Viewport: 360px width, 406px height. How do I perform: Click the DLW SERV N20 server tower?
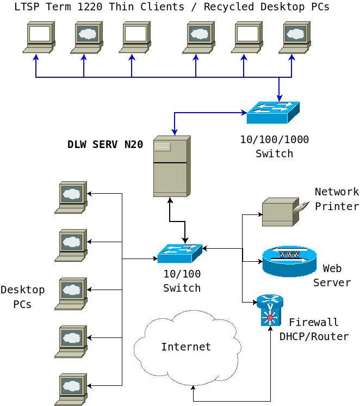click(172, 166)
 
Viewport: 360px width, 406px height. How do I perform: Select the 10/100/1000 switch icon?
click(273, 113)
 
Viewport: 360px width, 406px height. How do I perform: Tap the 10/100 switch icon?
click(180, 253)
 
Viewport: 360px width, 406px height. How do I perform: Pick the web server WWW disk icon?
click(289, 261)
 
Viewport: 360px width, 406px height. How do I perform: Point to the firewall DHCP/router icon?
click(270, 310)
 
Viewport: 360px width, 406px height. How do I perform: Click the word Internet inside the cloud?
click(186, 347)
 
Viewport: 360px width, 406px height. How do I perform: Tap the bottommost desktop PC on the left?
click(71, 389)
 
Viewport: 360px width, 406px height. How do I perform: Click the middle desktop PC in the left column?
click(71, 293)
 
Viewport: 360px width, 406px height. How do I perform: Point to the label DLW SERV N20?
click(105, 145)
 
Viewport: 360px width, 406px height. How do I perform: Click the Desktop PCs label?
click(23, 297)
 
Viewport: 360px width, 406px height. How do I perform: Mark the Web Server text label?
click(332, 275)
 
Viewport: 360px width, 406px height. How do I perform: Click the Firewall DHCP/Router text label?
click(314, 329)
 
